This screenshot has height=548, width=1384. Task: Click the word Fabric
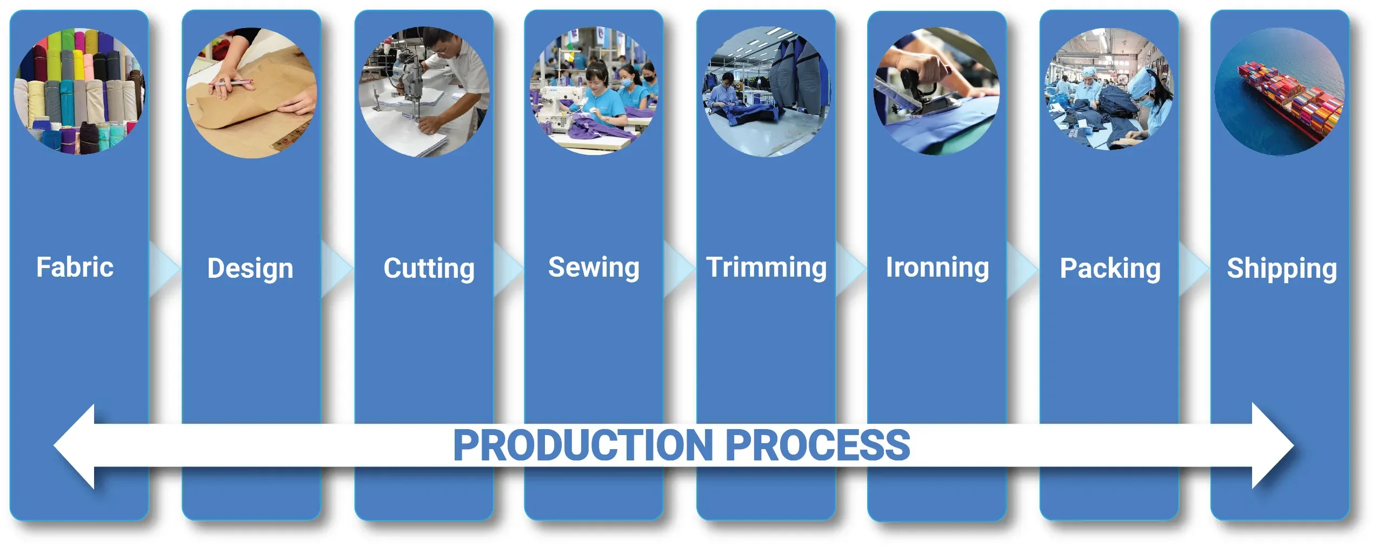pos(75,267)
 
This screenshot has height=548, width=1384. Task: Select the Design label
pos(250,269)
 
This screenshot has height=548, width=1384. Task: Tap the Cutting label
pos(429,269)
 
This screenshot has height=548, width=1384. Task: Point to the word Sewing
pos(594,268)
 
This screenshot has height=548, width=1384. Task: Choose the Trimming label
pos(767,268)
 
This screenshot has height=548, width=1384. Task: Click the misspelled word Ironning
pos(937,268)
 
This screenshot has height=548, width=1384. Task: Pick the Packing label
pos(1110,269)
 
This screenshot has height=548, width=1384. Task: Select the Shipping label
pos(1282,269)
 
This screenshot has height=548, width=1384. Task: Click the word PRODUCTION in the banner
pos(583,445)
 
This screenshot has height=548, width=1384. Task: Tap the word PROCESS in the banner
pos(818,445)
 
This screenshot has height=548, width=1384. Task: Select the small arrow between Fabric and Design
pos(164,269)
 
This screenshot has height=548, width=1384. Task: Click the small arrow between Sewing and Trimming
pos(679,269)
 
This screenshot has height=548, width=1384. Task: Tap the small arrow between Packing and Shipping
pos(1194,269)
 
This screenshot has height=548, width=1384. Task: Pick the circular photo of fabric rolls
pos(79,92)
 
